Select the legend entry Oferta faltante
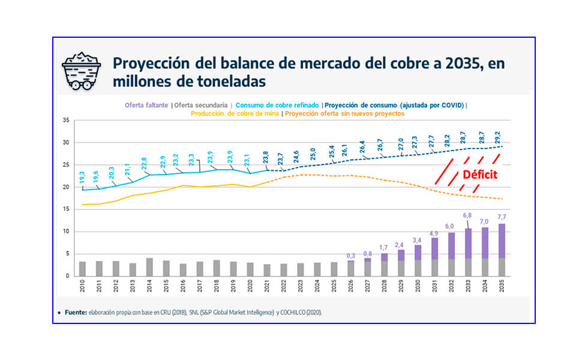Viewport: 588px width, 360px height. click(x=146, y=105)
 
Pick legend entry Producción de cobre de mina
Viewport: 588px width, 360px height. click(x=235, y=113)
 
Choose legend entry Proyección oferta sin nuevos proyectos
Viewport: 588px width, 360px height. click(x=344, y=113)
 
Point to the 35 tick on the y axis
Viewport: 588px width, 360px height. click(x=67, y=121)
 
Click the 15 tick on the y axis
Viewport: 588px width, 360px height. click(x=67, y=209)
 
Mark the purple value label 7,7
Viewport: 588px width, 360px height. click(x=501, y=216)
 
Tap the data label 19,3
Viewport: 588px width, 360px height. click(x=82, y=178)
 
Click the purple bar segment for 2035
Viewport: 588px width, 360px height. click(x=502, y=241)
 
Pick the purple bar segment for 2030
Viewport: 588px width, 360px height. click(x=418, y=252)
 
